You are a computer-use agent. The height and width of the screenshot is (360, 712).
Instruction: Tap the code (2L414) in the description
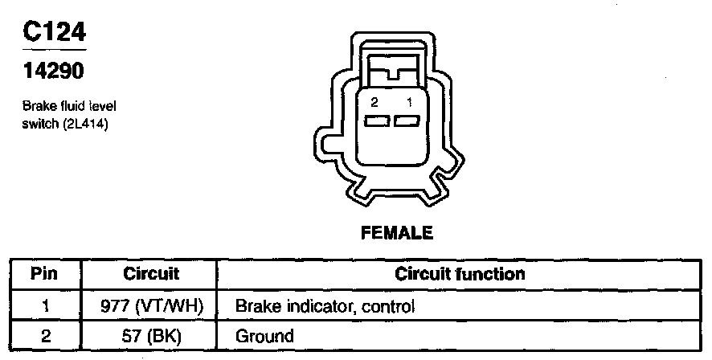point(85,124)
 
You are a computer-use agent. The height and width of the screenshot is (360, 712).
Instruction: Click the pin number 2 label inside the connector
point(374,103)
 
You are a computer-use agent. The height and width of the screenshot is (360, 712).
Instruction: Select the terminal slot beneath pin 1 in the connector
point(407,121)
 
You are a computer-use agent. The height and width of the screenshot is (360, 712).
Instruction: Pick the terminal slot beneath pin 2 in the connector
point(376,121)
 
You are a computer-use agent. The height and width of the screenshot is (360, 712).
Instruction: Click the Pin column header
point(44,274)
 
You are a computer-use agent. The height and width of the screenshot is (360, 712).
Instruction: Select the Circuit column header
point(151,274)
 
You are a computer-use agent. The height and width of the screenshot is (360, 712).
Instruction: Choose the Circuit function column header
point(460,274)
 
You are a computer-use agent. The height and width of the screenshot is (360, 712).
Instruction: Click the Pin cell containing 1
point(45,305)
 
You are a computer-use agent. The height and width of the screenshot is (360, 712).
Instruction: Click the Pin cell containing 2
point(45,335)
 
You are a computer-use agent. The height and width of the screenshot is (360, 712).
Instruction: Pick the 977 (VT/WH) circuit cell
point(152,305)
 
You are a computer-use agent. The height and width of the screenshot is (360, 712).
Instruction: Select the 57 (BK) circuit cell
point(151,335)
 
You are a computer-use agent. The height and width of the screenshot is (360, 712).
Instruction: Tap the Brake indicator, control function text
point(324,305)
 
